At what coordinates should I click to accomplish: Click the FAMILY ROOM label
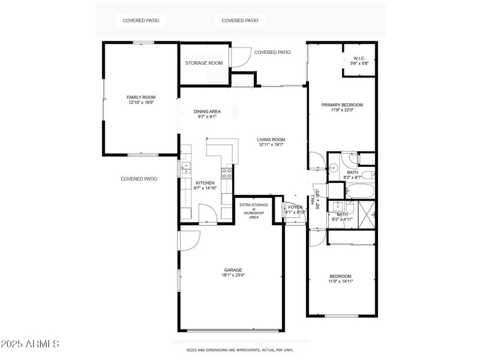[x=141, y=97]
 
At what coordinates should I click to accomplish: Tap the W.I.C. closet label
[x=359, y=58]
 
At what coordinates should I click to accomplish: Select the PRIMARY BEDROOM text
[x=342, y=104]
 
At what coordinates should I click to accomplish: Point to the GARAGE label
[x=233, y=270]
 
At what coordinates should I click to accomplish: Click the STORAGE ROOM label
[x=204, y=63]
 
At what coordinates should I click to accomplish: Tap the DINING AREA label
[x=207, y=112]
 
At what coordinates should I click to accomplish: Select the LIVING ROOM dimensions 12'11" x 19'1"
[x=271, y=145]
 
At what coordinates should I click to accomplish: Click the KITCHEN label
[x=205, y=183]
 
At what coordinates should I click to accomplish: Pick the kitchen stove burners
[x=227, y=173]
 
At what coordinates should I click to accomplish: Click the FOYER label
[x=295, y=207]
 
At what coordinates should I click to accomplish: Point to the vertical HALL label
[x=313, y=199]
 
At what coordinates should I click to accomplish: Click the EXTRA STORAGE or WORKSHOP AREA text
[x=254, y=211]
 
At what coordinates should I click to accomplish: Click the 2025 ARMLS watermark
[x=30, y=344]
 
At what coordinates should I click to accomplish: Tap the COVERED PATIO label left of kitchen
[x=139, y=179]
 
